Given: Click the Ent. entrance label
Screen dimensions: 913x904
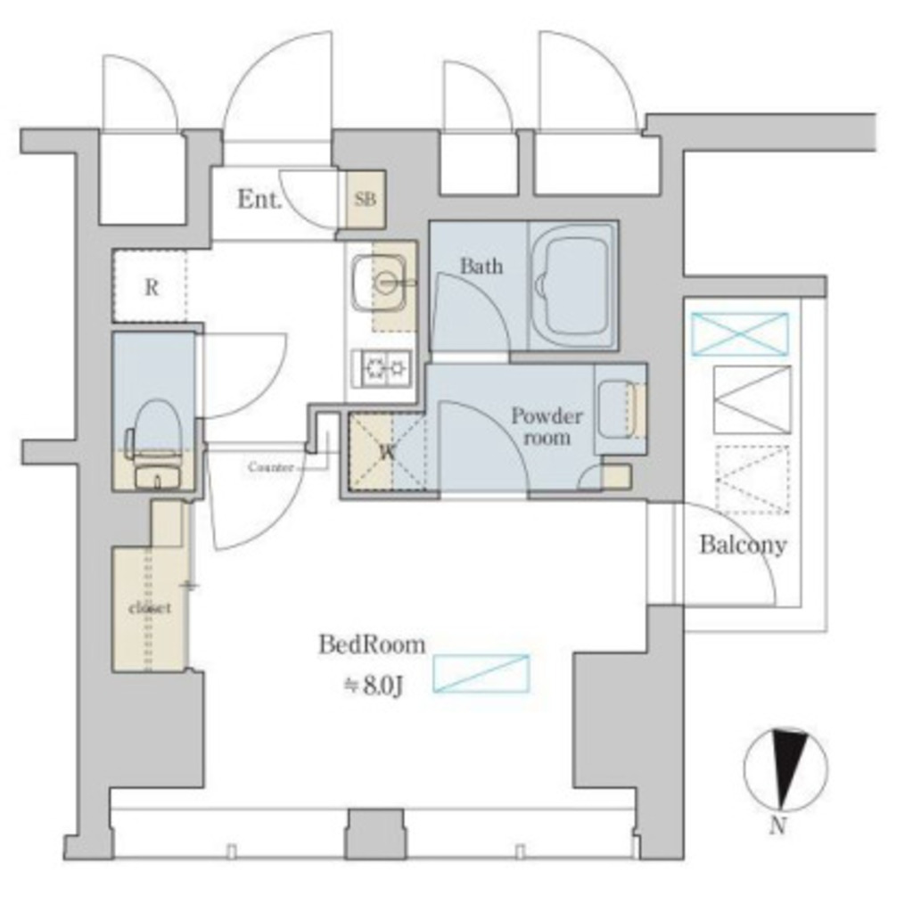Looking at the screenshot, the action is pyautogui.click(x=259, y=200).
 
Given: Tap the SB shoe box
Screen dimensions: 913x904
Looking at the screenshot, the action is pyautogui.click(x=366, y=200).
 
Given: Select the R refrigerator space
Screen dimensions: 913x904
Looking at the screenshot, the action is pyautogui.click(x=150, y=286).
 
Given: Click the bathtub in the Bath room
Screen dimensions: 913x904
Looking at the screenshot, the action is pyautogui.click(x=572, y=286).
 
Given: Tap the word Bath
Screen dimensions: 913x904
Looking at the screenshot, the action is pyautogui.click(x=481, y=267).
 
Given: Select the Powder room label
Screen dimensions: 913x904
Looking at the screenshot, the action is pyautogui.click(x=547, y=426).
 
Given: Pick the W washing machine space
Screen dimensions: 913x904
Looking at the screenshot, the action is pyautogui.click(x=387, y=452).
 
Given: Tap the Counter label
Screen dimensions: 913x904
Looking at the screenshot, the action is pyautogui.click(x=270, y=467).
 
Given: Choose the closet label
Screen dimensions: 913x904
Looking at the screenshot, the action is pyautogui.click(x=150, y=608).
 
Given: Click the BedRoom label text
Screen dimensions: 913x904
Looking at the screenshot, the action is pyautogui.click(x=372, y=645).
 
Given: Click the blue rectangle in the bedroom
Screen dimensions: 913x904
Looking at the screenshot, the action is pyautogui.click(x=481, y=673).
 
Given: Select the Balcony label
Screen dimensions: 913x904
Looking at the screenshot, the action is pyautogui.click(x=743, y=545).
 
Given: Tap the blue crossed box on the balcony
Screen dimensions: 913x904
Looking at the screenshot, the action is pyautogui.click(x=739, y=334).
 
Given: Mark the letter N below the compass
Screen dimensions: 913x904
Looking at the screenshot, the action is pyautogui.click(x=778, y=826).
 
